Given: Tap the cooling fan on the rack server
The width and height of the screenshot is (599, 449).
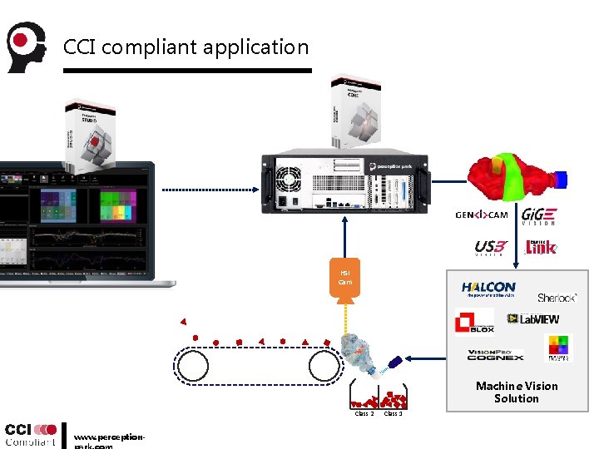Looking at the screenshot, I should click(x=288, y=177).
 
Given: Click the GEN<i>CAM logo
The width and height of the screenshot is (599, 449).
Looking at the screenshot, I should click(x=482, y=215).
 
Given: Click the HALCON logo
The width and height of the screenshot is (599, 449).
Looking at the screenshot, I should click(x=488, y=289).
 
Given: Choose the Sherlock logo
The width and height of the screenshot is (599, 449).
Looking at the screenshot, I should click(x=557, y=298).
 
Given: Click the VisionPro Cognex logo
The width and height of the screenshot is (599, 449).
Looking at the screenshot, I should click(x=495, y=354).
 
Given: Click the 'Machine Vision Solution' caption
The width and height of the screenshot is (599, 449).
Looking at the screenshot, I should click(x=517, y=392).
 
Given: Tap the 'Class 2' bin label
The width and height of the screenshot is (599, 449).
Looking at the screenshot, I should click(x=364, y=413).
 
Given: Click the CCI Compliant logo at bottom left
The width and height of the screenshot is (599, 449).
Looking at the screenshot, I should click(x=30, y=434).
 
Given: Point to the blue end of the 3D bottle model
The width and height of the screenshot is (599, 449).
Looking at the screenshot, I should click(x=562, y=178).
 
